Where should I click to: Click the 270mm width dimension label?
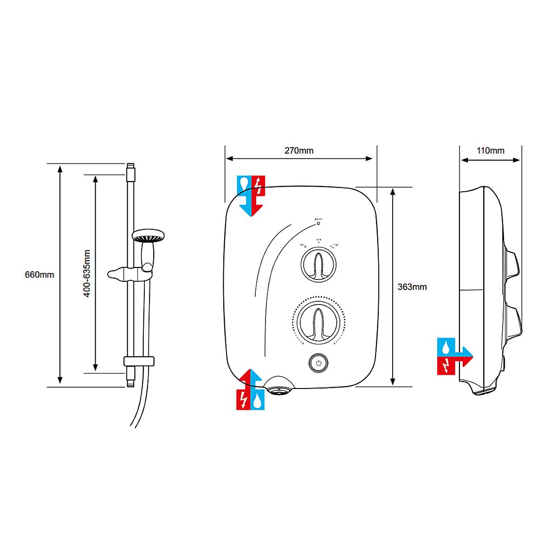click(x=299, y=151)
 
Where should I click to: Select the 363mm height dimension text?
click(x=412, y=287)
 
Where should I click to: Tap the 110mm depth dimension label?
click(x=490, y=151)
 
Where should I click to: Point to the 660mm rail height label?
click(x=39, y=275)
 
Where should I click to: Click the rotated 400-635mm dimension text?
click(x=87, y=274)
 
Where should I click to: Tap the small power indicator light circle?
click(x=318, y=223)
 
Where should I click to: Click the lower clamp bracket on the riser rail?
click(x=138, y=361)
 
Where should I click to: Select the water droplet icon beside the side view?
click(x=446, y=346)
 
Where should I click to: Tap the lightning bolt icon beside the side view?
click(x=446, y=366)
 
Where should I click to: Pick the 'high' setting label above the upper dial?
click(x=336, y=245)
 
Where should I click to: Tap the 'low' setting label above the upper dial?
click(x=302, y=245)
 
